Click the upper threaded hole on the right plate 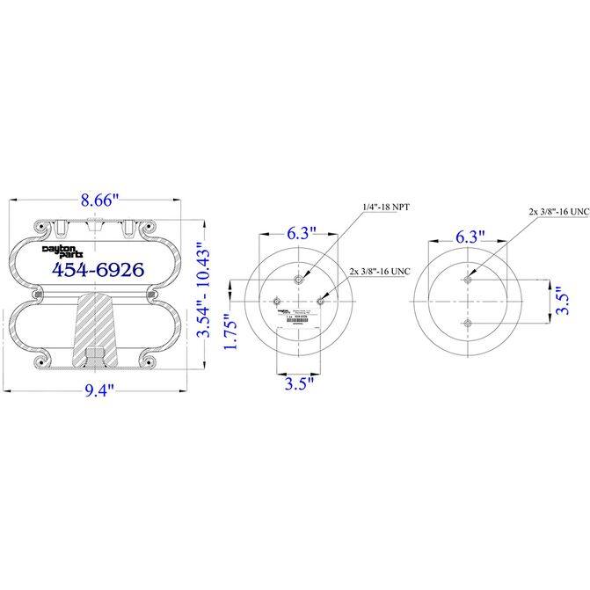tap(468, 280)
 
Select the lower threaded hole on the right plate tap(468, 325)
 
